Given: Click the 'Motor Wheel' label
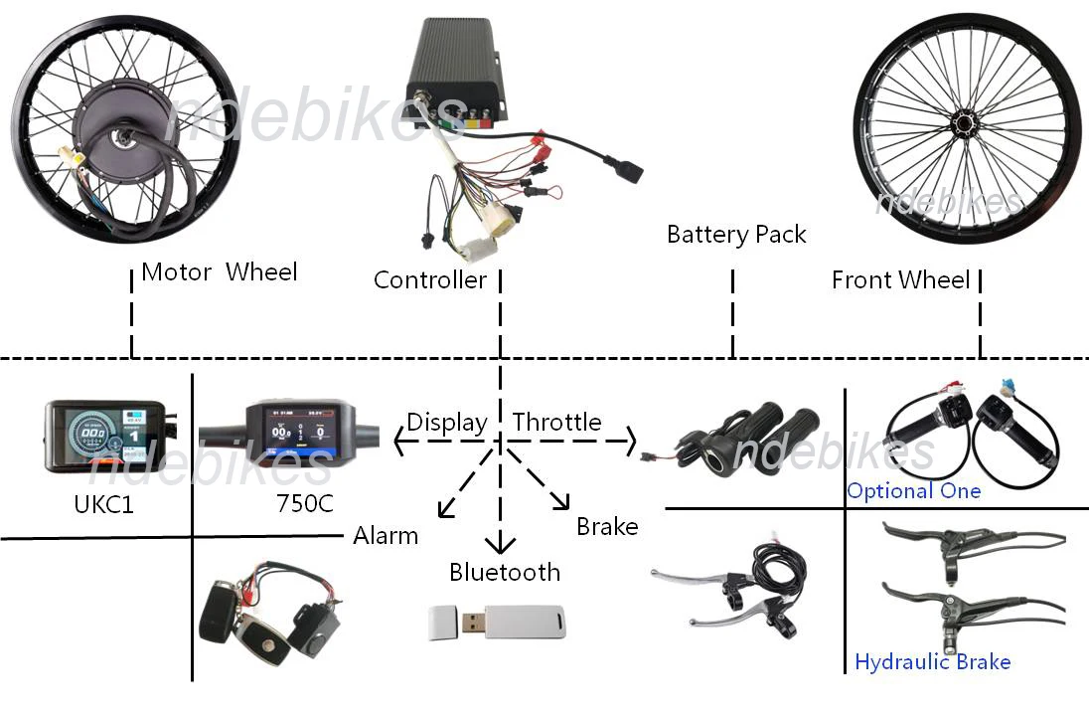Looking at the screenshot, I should [219, 271].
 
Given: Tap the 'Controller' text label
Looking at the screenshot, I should [429, 280].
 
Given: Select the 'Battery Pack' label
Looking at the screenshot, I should [736, 235].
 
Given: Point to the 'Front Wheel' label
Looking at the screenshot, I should [900, 280].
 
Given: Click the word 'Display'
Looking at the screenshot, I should [447, 422].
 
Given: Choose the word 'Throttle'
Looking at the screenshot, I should [557, 422].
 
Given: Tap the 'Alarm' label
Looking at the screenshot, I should [386, 536].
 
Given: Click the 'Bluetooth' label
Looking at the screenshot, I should [505, 572].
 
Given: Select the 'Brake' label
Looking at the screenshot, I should [607, 526].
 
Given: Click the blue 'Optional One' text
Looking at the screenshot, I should [913, 491].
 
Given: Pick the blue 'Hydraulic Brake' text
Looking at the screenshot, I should [932, 662].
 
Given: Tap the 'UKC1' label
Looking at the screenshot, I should [103, 505].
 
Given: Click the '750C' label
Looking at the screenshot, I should [305, 504].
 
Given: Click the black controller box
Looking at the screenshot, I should [458, 70].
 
